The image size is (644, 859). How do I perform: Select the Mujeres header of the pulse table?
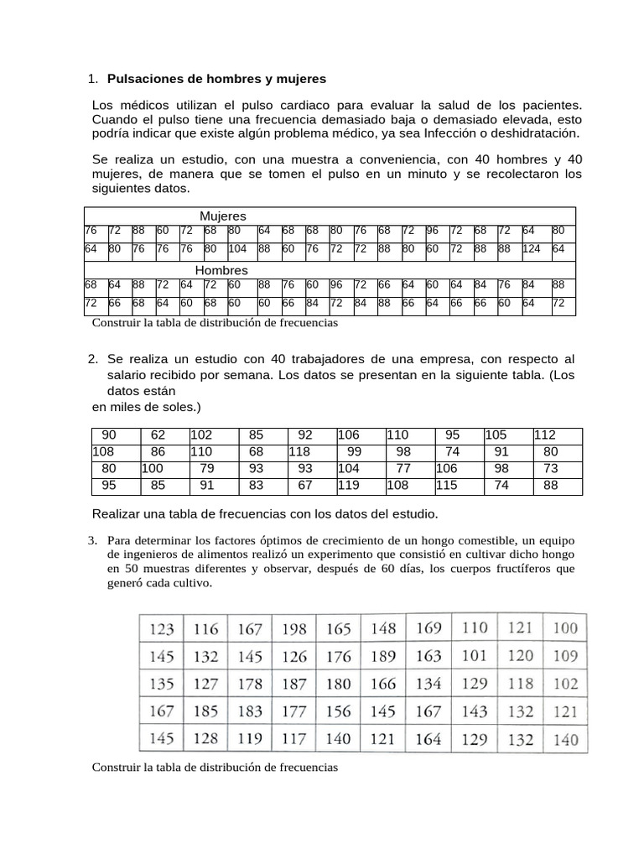pos(222,216)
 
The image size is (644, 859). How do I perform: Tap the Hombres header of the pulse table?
pos(221,270)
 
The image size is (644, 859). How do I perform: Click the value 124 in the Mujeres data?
pos(532,249)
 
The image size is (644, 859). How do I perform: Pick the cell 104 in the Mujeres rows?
pos(238,249)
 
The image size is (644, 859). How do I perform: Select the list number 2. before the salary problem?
pos(93,359)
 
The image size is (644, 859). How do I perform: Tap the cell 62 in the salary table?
pos(158,435)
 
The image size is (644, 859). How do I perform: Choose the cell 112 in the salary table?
pos(545,435)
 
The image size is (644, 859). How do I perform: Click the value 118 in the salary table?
pos(300,451)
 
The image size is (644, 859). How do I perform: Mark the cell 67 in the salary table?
pos(304,484)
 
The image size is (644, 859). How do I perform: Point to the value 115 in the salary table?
pos(447,484)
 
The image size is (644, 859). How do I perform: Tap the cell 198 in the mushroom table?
pos(293,627)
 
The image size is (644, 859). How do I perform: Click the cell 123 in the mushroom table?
pos(162,627)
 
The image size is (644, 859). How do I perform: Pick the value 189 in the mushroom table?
pos(383,656)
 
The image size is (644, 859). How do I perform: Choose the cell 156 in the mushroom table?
pos(338,711)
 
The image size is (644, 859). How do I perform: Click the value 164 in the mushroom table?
pos(428,739)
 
